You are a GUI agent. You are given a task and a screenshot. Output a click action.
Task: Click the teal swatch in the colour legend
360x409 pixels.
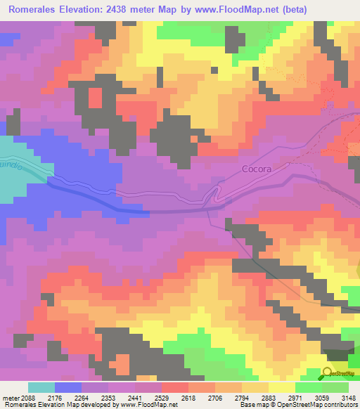coord(41,387)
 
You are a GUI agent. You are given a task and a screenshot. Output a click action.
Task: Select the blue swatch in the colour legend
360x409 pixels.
coord(67,387)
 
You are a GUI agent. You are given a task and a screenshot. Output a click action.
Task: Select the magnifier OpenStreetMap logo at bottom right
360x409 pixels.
coord(329,373)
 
